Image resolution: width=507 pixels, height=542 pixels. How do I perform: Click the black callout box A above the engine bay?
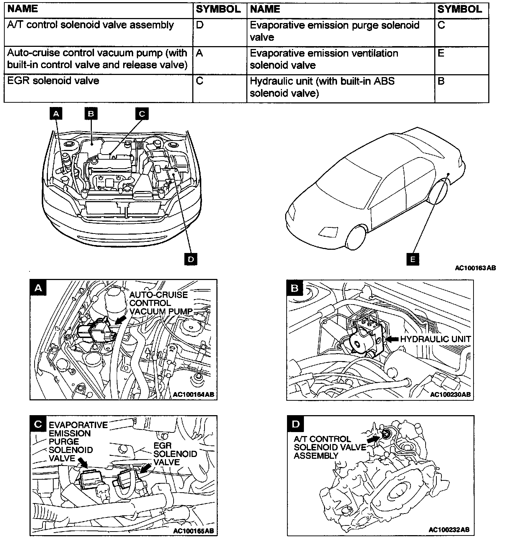(x=56, y=114)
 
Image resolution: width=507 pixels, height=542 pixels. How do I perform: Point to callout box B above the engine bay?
(x=91, y=114)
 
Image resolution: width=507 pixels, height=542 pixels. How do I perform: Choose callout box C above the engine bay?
(x=142, y=114)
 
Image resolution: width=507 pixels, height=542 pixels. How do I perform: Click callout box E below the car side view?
(x=412, y=259)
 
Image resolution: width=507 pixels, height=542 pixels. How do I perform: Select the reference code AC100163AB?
(x=475, y=268)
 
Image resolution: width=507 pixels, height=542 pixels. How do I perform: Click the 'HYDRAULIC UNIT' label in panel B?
(x=435, y=339)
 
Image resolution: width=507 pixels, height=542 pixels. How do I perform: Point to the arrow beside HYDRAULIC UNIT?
(x=392, y=339)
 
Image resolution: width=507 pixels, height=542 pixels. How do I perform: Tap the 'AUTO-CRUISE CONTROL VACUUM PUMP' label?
(x=160, y=303)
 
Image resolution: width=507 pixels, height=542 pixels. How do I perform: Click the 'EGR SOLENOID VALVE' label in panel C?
(x=175, y=454)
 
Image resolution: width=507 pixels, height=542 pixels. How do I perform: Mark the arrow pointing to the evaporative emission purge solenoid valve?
(x=82, y=462)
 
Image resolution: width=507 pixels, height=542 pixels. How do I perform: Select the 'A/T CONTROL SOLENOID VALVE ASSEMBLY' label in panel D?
(x=329, y=447)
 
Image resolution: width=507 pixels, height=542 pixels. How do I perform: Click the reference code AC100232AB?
(x=449, y=530)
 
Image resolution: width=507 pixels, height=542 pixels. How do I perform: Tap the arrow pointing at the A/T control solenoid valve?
(x=373, y=439)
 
